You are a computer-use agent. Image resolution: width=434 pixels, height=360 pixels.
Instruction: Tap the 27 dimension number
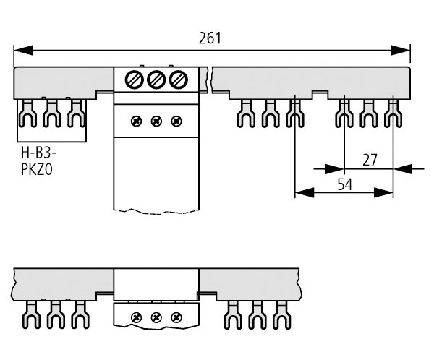[370, 160]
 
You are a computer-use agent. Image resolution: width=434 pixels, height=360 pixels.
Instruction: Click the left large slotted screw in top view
[135, 80]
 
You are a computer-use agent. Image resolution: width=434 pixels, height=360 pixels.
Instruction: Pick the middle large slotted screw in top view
[156, 80]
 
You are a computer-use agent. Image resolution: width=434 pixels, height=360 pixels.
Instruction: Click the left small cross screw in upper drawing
[135, 120]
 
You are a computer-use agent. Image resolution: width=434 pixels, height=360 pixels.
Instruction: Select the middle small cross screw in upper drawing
[156, 120]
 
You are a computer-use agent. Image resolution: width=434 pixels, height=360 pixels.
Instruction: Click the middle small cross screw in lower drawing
[156, 317]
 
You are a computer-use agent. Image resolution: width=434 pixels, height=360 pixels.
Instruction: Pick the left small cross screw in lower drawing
[135, 317]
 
